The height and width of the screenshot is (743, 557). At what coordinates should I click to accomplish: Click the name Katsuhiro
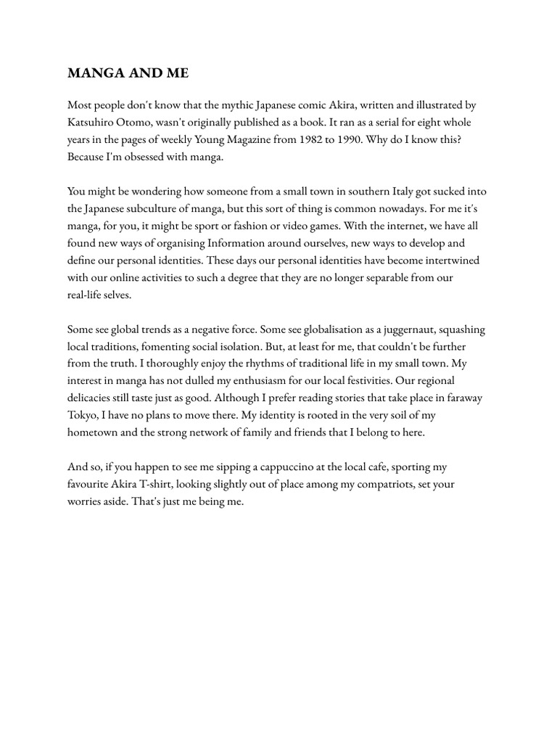(x=90, y=123)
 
